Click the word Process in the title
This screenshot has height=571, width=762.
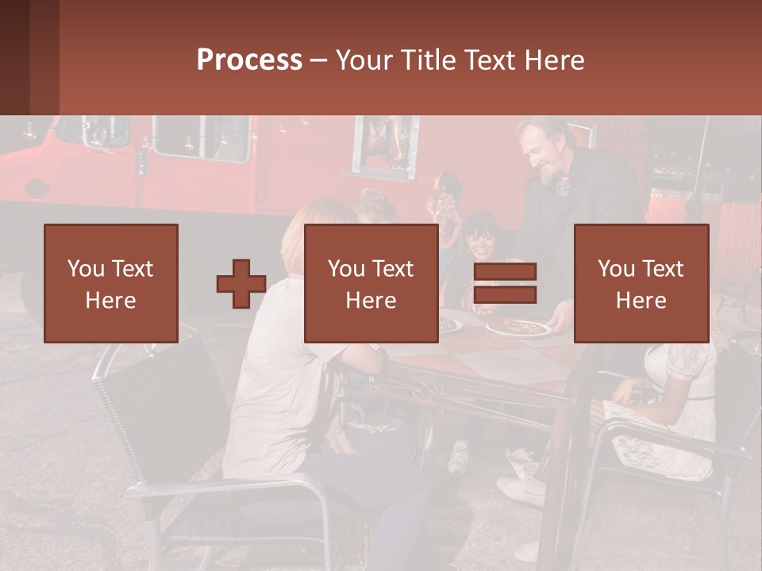click(249, 60)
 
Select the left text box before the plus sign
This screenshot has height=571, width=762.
click(111, 283)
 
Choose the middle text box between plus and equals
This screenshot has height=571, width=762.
click(371, 283)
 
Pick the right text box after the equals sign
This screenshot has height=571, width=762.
click(641, 283)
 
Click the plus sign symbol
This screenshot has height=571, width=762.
click(241, 283)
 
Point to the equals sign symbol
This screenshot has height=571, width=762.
click(505, 283)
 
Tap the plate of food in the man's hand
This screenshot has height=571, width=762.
click(518, 326)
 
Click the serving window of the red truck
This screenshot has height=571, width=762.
click(385, 143)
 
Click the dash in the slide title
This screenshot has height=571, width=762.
click(319, 60)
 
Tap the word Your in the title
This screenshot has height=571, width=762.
click(361, 60)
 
